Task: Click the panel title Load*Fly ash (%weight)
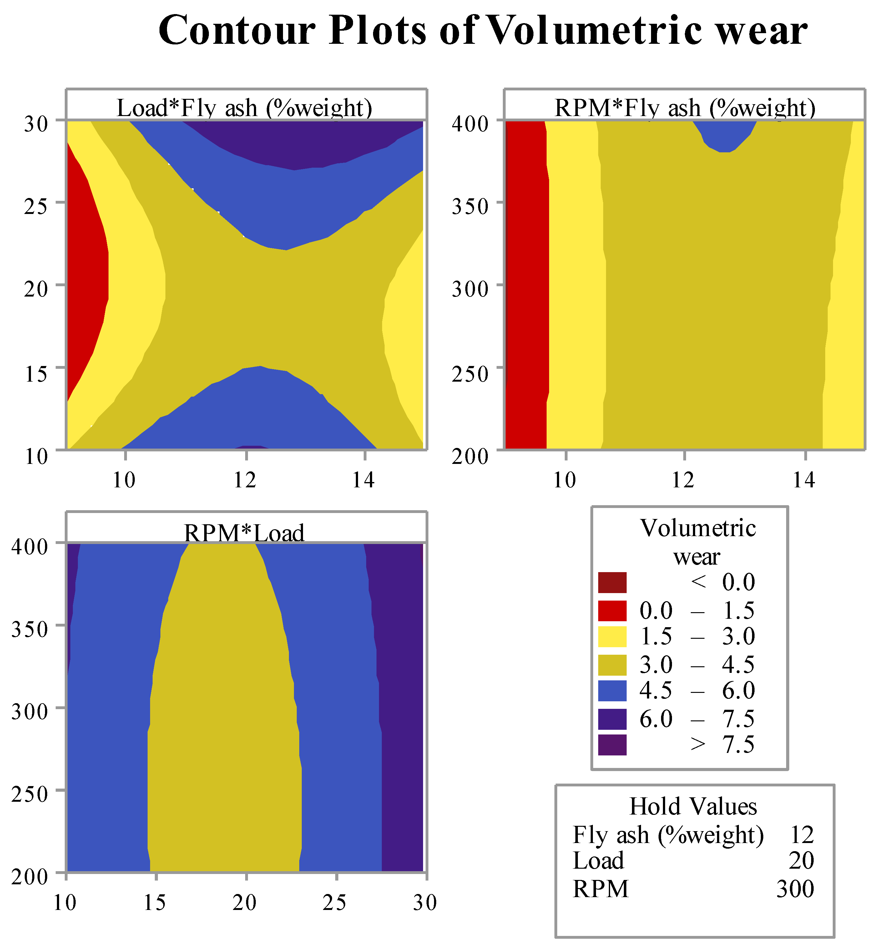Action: (244, 108)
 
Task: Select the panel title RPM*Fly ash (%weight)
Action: (685, 108)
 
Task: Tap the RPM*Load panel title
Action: (244, 532)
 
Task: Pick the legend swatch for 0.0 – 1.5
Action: (612, 610)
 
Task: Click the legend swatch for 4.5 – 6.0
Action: (612, 690)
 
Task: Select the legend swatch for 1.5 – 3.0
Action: (612, 637)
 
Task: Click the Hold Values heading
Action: (693, 807)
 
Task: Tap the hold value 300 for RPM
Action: (795, 889)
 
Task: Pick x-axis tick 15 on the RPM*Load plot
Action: (154, 903)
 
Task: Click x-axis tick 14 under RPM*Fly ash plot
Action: (804, 480)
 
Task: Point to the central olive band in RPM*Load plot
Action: (224, 714)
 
